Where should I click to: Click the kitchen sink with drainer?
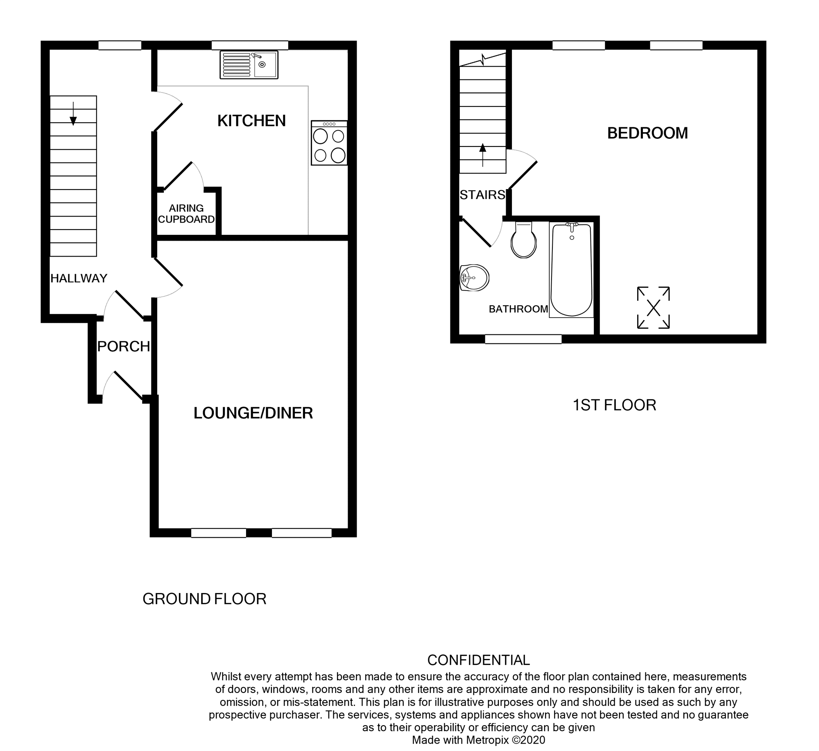249,65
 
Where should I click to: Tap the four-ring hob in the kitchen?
329,143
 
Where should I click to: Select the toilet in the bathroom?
524,241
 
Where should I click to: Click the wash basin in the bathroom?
474,278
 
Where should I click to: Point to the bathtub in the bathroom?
571,270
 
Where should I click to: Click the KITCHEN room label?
251,121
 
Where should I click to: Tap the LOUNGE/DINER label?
253,413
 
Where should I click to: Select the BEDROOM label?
647,133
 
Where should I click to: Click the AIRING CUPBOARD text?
186,214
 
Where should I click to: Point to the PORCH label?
124,346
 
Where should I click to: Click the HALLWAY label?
79,278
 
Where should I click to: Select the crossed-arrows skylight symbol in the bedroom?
653,307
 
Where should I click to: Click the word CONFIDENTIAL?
478,660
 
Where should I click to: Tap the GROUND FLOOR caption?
204,599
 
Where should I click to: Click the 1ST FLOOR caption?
614,405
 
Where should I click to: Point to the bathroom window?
523,339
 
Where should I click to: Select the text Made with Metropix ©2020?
478,740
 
